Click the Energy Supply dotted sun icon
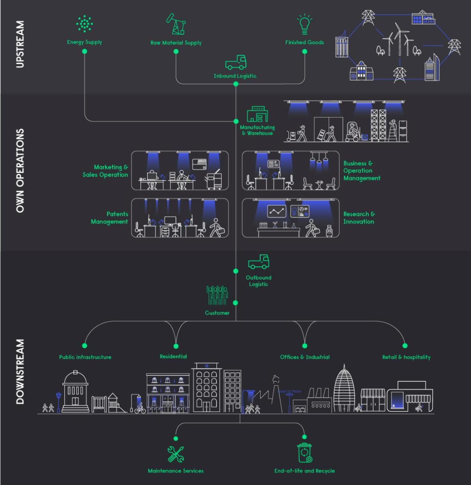click(85, 24)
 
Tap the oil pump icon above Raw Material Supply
click(176, 24)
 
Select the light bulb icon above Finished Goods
click(304, 25)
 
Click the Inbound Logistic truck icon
click(236, 62)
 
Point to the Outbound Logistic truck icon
click(259, 262)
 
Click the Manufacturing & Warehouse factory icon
click(257, 114)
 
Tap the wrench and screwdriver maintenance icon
click(176, 454)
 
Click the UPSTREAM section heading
click(20, 44)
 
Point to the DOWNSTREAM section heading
click(20, 371)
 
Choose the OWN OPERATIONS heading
click(20, 171)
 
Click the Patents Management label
click(110, 218)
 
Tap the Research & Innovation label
click(359, 218)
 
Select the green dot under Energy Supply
click(85, 51)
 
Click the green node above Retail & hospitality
click(405, 346)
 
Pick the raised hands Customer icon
click(217, 295)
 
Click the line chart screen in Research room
click(277, 211)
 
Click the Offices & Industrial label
click(305, 357)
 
